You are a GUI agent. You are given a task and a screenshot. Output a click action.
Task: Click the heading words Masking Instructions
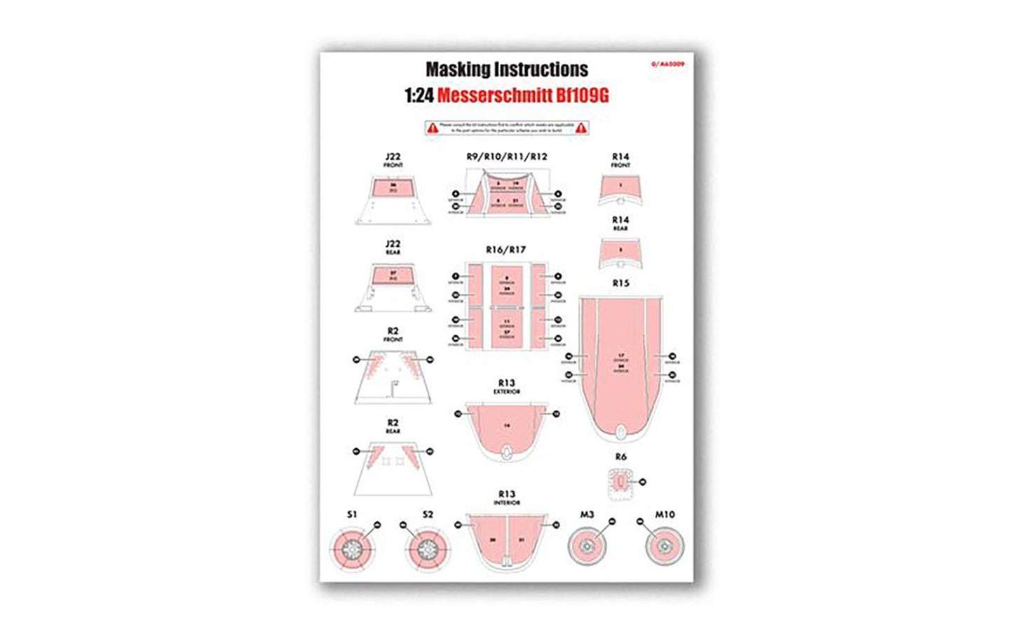point(507,69)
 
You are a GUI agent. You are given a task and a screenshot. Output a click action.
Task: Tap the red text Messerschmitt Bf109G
point(523,95)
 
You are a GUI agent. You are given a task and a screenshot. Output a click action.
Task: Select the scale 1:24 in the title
point(419,95)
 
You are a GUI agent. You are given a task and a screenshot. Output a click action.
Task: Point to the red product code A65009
point(668,64)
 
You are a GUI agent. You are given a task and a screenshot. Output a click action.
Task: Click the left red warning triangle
point(433,128)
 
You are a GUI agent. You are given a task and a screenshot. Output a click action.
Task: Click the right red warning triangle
point(580,128)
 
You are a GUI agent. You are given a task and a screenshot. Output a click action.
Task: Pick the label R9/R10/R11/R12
point(506,156)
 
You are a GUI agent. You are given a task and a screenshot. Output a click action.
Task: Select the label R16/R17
point(505,250)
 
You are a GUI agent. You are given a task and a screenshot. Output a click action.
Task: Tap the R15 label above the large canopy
point(620,283)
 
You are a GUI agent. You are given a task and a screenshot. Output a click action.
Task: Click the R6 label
point(620,457)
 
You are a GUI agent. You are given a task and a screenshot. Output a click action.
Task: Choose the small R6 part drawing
point(619,483)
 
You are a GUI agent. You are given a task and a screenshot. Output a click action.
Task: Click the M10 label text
point(665,515)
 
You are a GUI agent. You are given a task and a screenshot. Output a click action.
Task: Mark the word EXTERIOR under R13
point(506,392)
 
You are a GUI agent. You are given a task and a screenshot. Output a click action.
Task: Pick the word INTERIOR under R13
point(506,503)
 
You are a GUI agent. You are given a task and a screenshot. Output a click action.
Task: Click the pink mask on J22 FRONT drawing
point(393,188)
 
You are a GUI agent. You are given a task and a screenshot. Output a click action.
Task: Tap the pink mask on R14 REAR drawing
point(620,249)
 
